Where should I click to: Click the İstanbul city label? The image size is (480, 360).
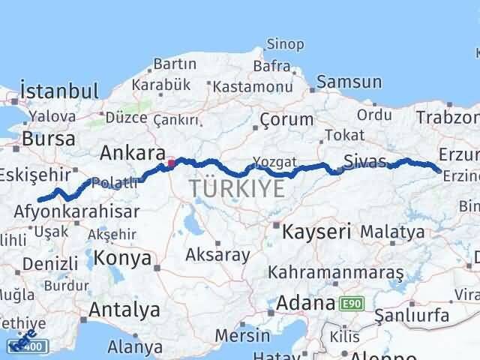point(60,91)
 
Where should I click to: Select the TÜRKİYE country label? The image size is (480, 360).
point(237,187)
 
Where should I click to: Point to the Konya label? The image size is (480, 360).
point(123,259)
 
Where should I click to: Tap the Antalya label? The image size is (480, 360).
point(124,309)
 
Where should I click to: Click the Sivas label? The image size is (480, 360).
point(365,160)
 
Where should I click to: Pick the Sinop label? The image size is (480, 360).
point(286,46)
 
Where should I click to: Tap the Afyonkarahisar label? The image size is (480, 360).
point(76,211)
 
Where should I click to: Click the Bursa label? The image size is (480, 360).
point(49,139)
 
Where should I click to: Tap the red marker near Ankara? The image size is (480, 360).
point(171,162)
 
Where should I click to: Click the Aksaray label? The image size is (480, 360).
point(219,255)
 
